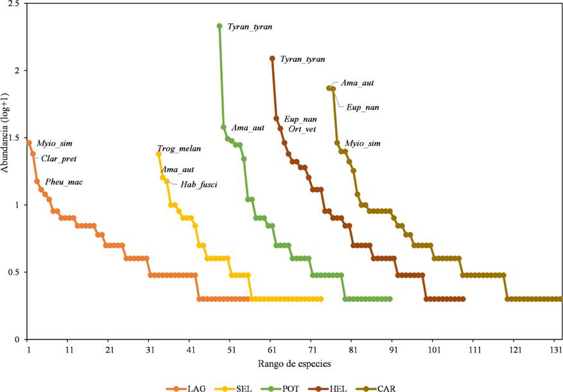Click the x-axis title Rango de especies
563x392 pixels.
point(296,364)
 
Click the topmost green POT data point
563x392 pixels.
point(220,26)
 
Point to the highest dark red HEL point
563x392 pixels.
point(272,58)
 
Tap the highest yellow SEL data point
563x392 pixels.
point(159,154)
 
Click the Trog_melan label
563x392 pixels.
point(179,148)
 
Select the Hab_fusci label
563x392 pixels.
point(198,185)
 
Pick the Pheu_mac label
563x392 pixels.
point(64,182)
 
